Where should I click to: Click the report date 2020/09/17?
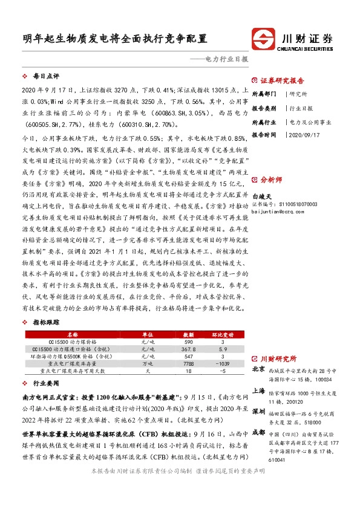tap(304, 134)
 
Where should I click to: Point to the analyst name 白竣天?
tap(262, 196)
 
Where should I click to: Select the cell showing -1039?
tap(222, 365)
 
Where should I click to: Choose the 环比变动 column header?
tap(222, 333)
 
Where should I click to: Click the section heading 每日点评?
tap(45, 77)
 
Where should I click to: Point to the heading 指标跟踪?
tap(45, 322)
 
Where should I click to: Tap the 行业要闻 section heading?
tap(45, 383)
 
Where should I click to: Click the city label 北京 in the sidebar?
tap(258, 368)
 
